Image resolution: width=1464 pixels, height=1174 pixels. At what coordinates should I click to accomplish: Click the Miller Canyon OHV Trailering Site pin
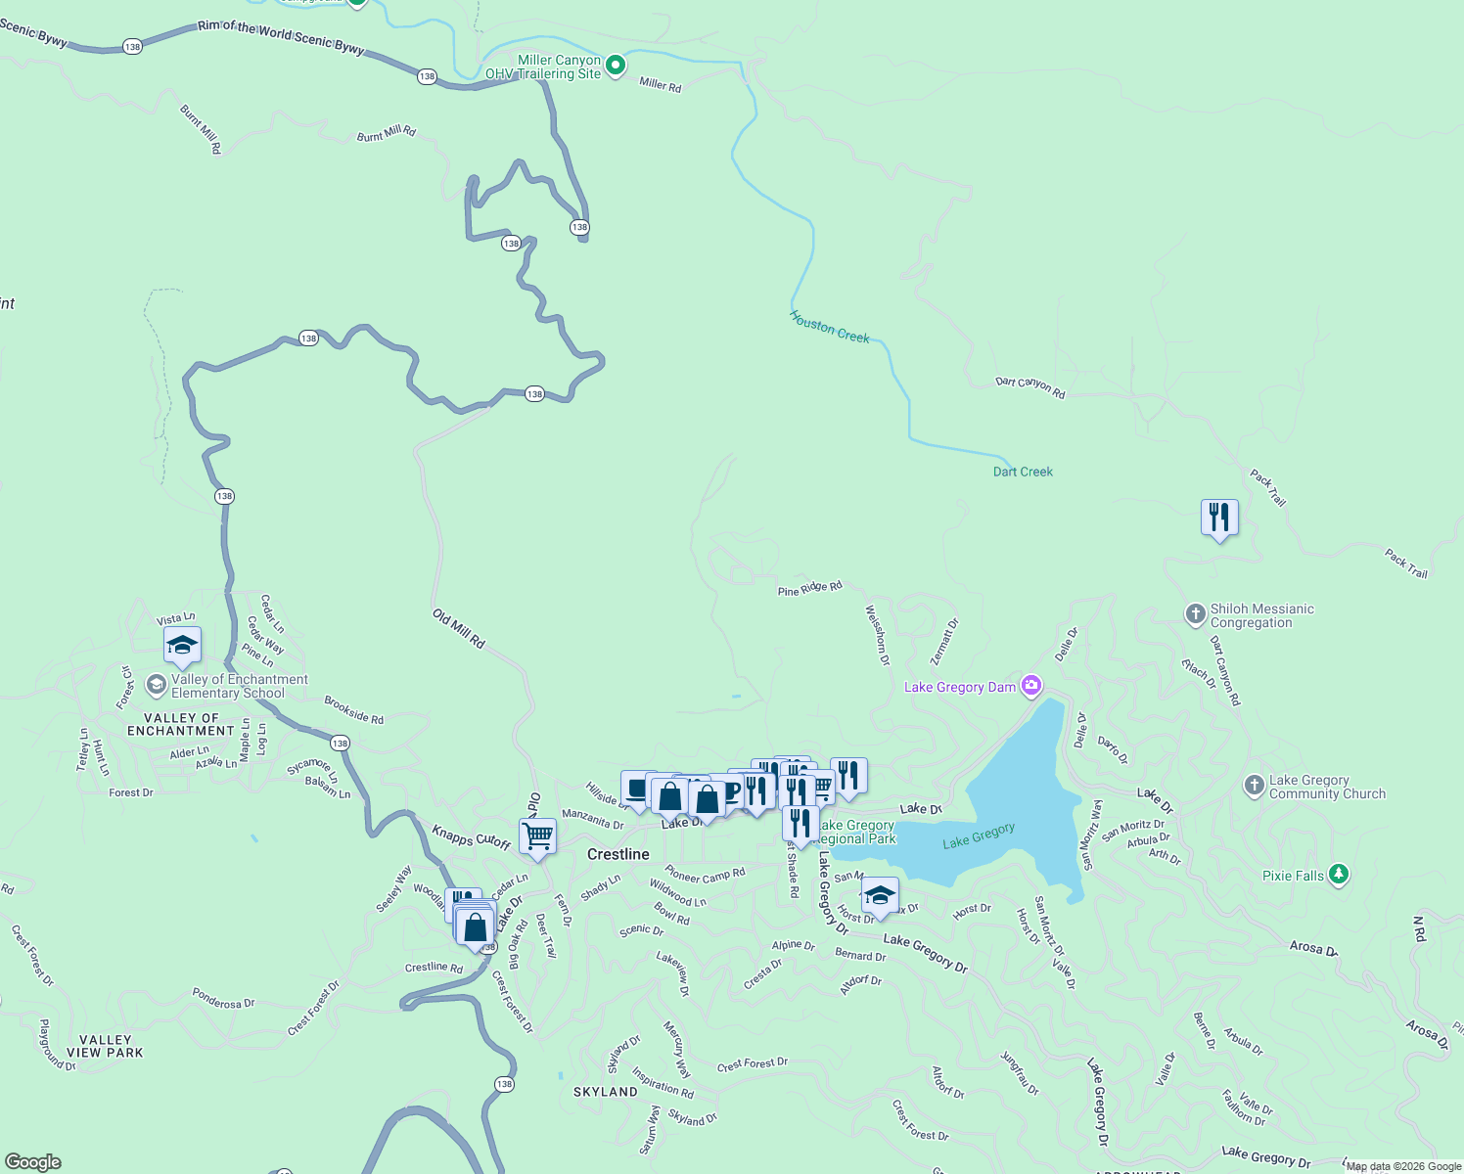pyautogui.click(x=616, y=66)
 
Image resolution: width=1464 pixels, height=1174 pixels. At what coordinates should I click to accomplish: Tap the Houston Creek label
pyautogui.click(x=830, y=327)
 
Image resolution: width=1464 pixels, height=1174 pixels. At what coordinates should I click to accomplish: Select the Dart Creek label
pyautogui.click(x=1023, y=472)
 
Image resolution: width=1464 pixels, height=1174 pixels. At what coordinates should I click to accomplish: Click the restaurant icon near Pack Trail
pyautogui.click(x=1219, y=517)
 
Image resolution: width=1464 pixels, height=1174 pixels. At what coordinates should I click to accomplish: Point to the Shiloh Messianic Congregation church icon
pyautogui.click(x=1195, y=614)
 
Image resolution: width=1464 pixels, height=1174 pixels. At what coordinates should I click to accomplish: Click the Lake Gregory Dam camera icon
pyautogui.click(x=1030, y=686)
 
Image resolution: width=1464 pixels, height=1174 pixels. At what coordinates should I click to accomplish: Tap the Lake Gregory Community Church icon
pyautogui.click(x=1254, y=786)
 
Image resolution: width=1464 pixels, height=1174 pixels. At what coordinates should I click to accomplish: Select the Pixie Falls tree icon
pyautogui.click(x=1339, y=875)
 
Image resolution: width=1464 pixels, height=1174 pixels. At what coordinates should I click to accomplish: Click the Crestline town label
pyautogui.click(x=618, y=854)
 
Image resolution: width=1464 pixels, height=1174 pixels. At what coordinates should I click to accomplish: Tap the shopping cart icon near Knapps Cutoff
pyautogui.click(x=537, y=836)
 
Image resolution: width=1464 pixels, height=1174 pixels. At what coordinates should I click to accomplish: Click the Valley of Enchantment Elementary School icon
pyautogui.click(x=156, y=685)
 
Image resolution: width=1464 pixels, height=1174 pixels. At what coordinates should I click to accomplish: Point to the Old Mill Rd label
pyautogui.click(x=459, y=629)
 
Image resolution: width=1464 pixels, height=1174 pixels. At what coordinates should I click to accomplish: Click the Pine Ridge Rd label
pyautogui.click(x=809, y=589)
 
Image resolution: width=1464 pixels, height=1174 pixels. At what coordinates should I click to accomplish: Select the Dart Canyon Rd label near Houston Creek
pyautogui.click(x=1029, y=386)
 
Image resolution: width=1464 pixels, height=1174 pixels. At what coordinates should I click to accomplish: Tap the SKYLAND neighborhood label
pyautogui.click(x=606, y=1092)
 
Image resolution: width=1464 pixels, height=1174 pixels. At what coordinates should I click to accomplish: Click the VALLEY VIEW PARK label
pyautogui.click(x=105, y=1046)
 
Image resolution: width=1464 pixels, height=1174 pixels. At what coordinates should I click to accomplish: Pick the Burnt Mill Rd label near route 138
pyautogui.click(x=386, y=134)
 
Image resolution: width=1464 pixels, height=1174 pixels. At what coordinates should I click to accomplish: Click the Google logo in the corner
pyautogui.click(x=32, y=1162)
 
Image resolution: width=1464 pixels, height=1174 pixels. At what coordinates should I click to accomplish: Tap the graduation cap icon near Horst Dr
pyautogui.click(x=880, y=895)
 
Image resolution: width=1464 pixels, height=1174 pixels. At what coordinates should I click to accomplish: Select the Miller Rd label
pyautogui.click(x=660, y=85)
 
